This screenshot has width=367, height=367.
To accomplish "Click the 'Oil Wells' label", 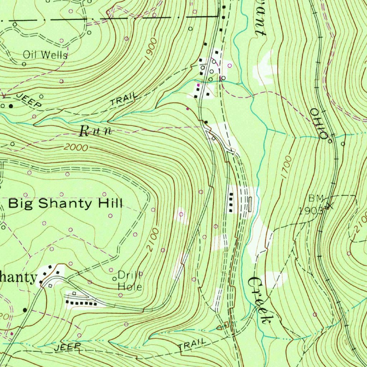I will click(45, 55).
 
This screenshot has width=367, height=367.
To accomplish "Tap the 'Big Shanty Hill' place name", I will click(65, 204).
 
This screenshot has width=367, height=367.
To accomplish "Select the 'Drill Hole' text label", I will click(130, 281).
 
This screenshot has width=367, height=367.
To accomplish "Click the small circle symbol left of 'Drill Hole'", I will click(115, 279).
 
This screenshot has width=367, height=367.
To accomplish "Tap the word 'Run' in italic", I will click(95, 131).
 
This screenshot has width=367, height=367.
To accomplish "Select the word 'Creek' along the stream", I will click(259, 300).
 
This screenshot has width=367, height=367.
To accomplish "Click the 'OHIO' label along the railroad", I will click(319, 124).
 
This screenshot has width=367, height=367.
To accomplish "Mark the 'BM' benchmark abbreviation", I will click(316, 198).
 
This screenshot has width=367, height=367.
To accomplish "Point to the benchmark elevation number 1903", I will click(310, 211).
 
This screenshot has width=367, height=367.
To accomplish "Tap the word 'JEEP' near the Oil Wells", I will click(29, 100).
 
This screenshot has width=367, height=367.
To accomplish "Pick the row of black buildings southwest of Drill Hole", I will click(82, 303).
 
